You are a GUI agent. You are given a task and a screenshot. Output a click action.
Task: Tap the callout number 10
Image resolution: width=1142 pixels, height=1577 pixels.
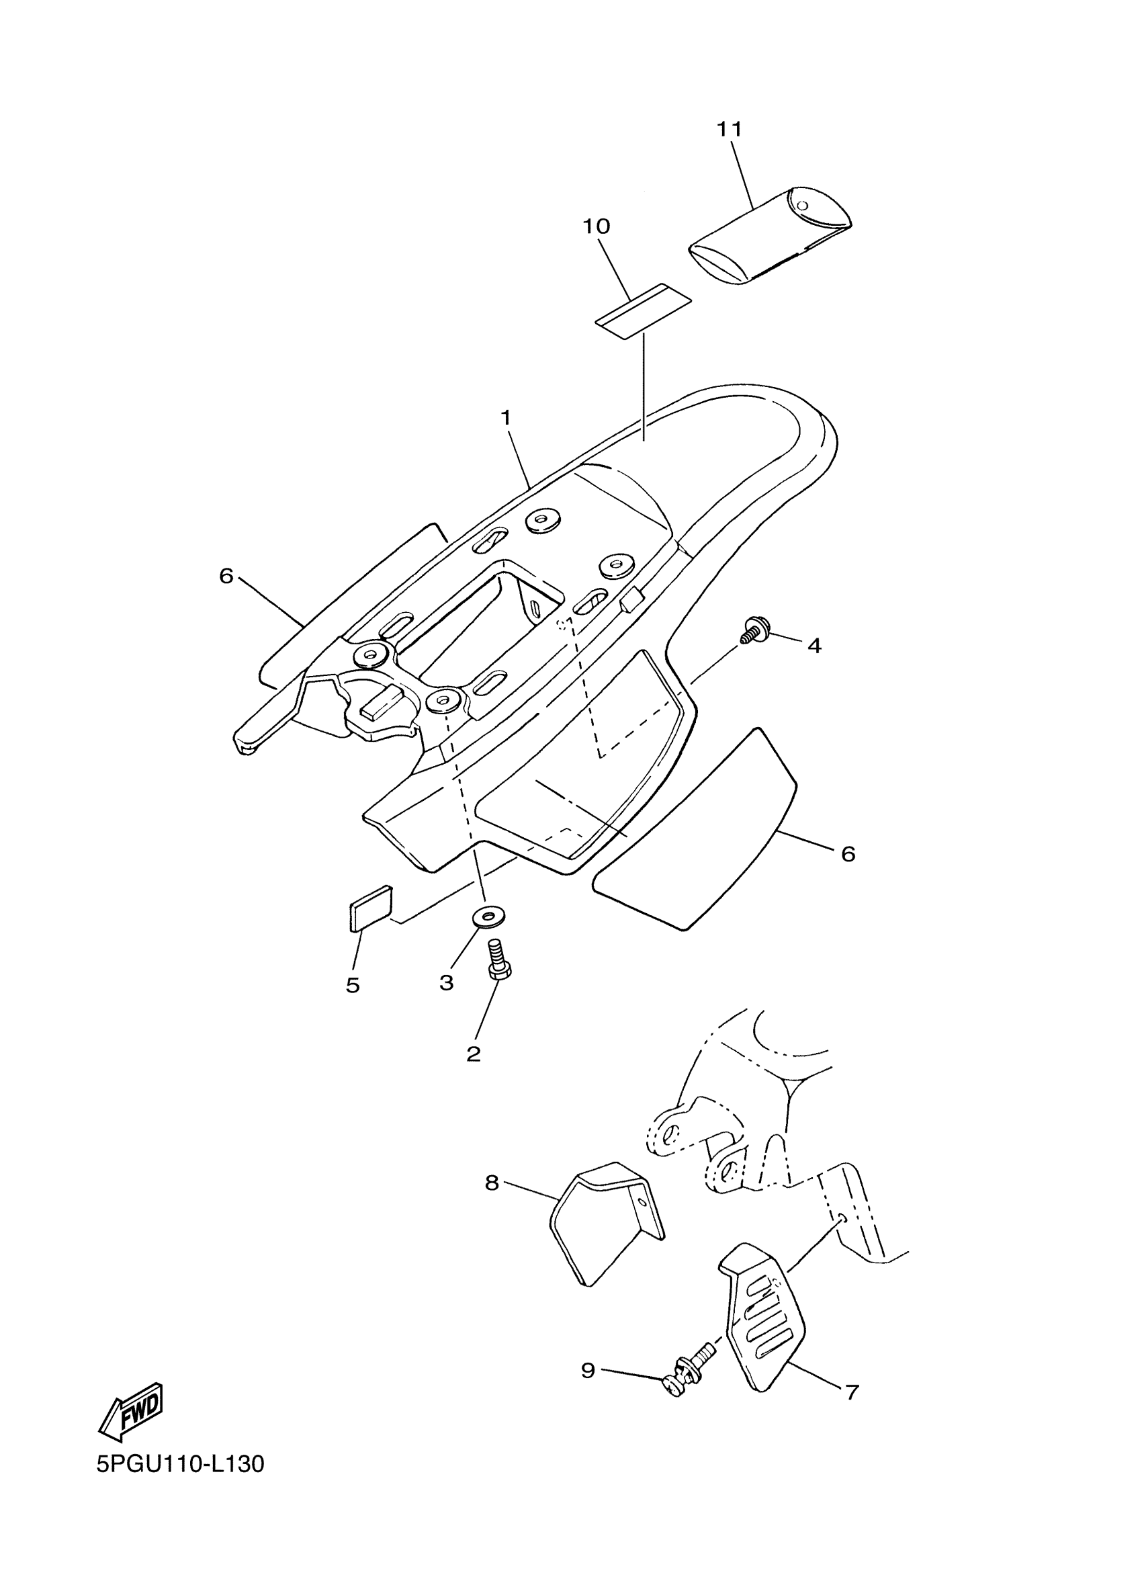pos(596,226)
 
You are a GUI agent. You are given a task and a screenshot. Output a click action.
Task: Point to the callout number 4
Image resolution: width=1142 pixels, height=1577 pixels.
pos(814,646)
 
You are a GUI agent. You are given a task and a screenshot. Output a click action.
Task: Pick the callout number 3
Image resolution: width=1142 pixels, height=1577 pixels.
pos(446,982)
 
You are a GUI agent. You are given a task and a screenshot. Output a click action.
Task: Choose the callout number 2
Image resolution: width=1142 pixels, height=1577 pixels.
pos(474,1054)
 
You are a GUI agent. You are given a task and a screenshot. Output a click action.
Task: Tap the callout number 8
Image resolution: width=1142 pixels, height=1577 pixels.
pos(492,1183)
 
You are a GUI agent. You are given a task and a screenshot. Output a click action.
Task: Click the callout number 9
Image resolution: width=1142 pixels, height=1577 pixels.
pos(588,1370)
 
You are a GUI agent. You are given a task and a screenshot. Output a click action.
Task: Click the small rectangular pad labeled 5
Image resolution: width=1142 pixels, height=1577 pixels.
pos(369,907)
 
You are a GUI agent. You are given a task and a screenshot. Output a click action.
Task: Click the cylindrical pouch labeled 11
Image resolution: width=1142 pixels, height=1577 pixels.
pos(770,237)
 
